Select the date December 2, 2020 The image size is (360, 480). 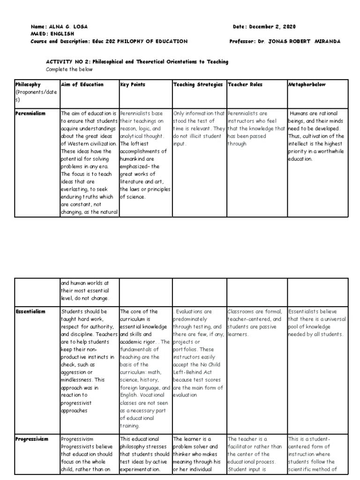(277, 27)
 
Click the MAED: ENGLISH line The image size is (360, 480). (52, 34)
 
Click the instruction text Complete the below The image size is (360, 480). (70, 69)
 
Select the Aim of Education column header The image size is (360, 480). (82, 85)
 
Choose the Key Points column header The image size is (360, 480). (133, 85)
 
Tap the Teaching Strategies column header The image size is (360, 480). (198, 85)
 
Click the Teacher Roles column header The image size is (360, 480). (245, 85)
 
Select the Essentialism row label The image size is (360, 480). (30, 311)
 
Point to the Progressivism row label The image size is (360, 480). (32, 439)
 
